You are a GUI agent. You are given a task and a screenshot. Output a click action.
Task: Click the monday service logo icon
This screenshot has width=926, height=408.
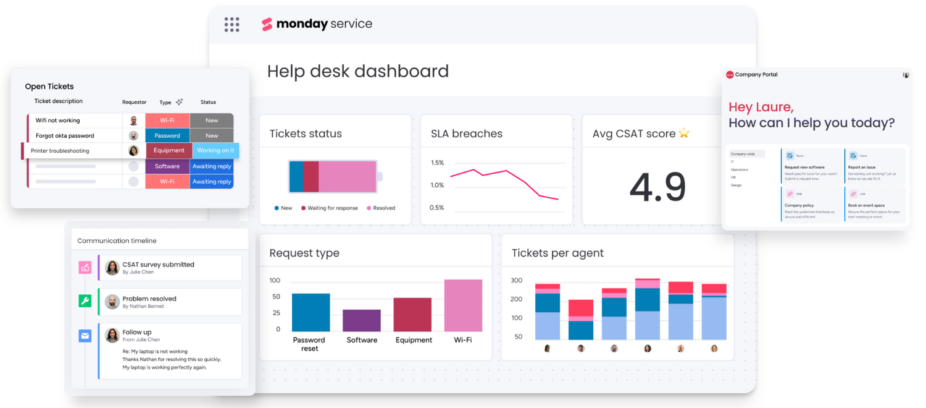pyautogui.click(x=267, y=24)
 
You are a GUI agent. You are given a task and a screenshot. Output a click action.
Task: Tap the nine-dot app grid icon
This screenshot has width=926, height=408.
pyautogui.click(x=231, y=24)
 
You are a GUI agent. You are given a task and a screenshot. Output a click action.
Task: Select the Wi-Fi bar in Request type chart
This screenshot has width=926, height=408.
pyautogui.click(x=463, y=305)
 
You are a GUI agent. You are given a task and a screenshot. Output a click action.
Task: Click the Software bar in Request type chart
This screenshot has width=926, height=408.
pyautogui.click(x=361, y=320)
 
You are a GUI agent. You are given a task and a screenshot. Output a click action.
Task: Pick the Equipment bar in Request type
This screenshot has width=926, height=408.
pyautogui.click(x=412, y=315)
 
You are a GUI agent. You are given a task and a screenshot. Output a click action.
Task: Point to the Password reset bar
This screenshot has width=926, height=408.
pyautogui.click(x=311, y=312)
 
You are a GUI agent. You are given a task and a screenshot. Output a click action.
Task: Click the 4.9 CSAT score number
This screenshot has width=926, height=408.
pyautogui.click(x=657, y=187)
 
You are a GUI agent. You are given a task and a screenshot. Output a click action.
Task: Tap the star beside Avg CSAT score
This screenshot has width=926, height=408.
pyautogui.click(x=684, y=133)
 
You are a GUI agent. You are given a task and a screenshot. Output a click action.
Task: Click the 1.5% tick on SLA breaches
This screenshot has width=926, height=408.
pyautogui.click(x=437, y=163)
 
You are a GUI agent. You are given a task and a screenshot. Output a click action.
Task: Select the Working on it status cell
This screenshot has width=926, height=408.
pyautogui.click(x=215, y=150)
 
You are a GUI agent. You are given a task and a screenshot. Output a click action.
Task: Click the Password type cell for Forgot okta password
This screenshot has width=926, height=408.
pyautogui.click(x=167, y=135)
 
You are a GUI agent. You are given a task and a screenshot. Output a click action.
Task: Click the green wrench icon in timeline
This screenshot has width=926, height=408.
pyautogui.click(x=85, y=301)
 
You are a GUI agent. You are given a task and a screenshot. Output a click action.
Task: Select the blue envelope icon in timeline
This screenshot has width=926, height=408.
pyautogui.click(x=85, y=336)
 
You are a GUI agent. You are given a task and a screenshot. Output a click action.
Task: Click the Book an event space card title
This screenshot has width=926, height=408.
pyautogui.click(x=866, y=205)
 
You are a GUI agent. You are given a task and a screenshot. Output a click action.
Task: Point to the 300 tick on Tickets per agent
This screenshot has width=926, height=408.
pyautogui.click(x=517, y=281)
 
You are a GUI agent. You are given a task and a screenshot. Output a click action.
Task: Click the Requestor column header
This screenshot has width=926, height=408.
pyautogui.click(x=134, y=102)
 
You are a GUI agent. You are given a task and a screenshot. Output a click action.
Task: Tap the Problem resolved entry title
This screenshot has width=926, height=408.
pyautogui.click(x=149, y=299)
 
